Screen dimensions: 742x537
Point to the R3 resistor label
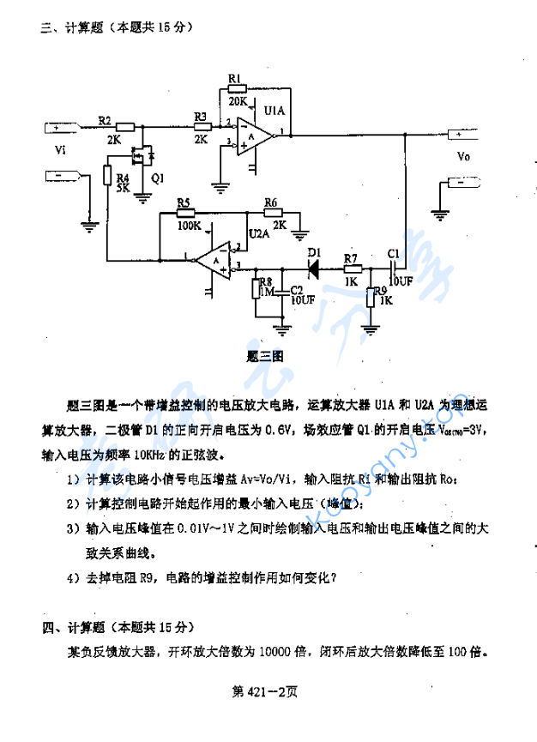click(201, 116)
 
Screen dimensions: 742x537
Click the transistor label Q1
click(158, 178)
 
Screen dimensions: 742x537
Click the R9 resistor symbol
click(370, 297)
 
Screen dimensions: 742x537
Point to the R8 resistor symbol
click(256, 289)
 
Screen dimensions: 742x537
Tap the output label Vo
click(463, 157)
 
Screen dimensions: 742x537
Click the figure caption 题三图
click(265, 353)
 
